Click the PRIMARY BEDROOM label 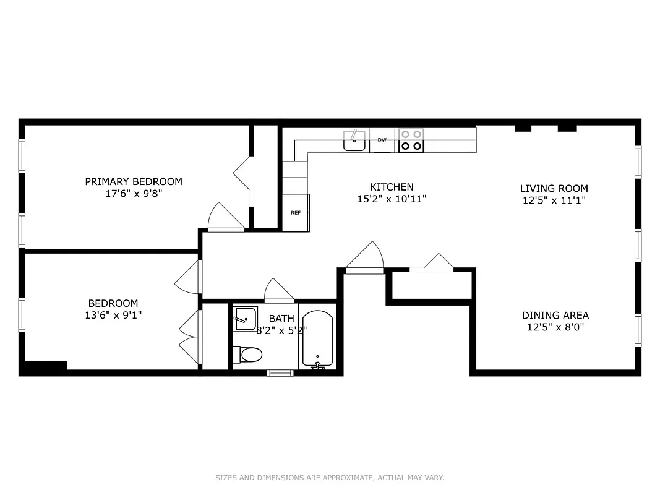click(134, 181)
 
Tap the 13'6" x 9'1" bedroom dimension click(113, 315)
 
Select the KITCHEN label click(392, 187)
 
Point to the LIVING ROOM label click(554, 188)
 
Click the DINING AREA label click(555, 315)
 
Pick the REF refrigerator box click(296, 213)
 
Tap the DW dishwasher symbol click(382, 140)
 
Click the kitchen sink click(354, 141)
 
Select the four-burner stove click(411, 140)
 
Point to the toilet click(249, 355)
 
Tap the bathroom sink click(245, 319)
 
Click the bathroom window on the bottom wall click(280, 372)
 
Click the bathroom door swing click(279, 291)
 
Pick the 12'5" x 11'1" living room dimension click(554, 200)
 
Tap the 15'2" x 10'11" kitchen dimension click(392, 199)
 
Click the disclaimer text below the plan click(330, 478)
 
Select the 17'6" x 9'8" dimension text click(134, 193)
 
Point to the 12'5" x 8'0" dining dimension click(555, 327)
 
